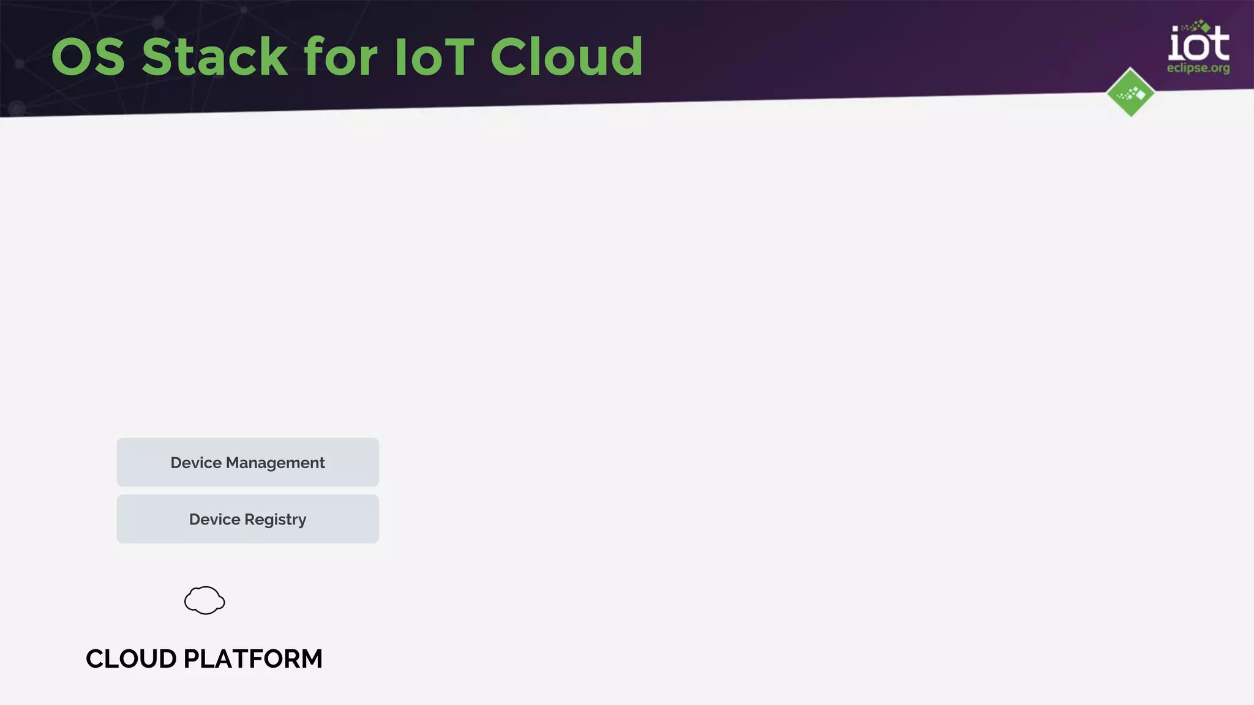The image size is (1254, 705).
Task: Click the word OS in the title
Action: point(88,57)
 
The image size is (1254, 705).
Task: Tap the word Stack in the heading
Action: point(214,57)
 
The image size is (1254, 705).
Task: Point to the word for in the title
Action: point(340,57)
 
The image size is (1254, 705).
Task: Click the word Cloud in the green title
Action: point(566,57)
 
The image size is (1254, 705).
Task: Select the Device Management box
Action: point(247,462)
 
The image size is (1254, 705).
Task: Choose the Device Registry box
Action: point(247,519)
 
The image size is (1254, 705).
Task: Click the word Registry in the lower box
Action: point(275,520)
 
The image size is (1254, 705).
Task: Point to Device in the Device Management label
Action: point(196,463)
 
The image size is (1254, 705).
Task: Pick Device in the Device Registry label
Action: point(214,520)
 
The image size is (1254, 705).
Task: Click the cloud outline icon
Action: point(205,600)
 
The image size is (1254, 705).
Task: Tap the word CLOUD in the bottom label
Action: point(131,659)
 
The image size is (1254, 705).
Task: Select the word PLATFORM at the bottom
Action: point(252,659)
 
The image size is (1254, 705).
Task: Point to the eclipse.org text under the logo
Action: point(1198,68)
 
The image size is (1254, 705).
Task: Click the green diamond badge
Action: point(1130,92)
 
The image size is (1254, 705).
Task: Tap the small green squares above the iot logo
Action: point(1197,26)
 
